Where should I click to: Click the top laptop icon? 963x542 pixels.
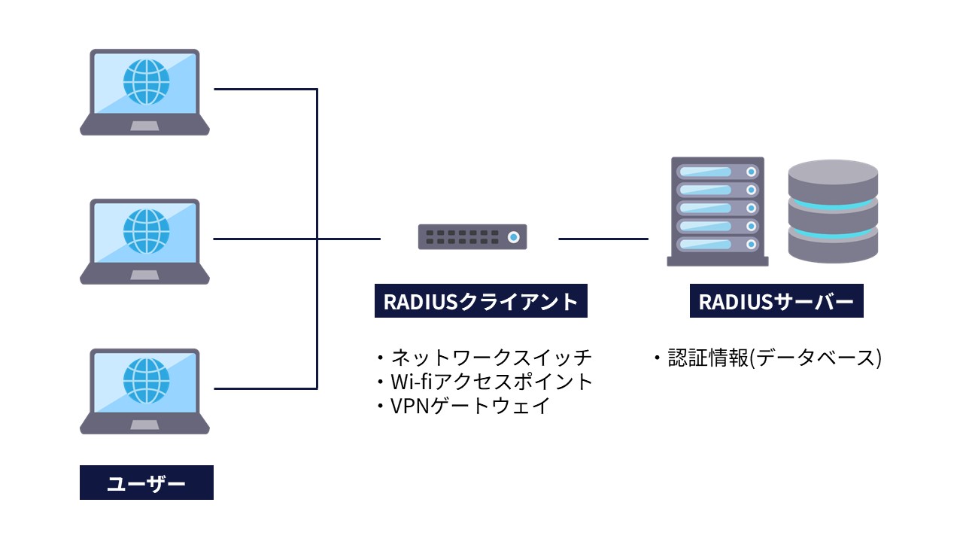point(145,92)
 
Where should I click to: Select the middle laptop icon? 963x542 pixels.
point(145,241)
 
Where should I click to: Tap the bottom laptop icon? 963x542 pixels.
point(145,391)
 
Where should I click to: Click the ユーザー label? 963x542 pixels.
point(147,483)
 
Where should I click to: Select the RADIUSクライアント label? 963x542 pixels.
point(481,301)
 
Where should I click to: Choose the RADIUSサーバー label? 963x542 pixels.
point(776,301)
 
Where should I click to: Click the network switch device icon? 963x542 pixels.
point(472,237)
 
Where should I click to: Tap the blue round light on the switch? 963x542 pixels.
point(513,237)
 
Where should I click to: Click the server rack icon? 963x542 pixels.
point(717,211)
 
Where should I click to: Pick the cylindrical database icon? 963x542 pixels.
point(833,211)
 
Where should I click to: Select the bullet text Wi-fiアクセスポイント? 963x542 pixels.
point(492,381)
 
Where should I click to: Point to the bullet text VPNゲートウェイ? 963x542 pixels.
point(470,406)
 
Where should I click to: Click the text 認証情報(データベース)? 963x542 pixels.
point(774,358)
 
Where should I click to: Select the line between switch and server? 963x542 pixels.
point(603,239)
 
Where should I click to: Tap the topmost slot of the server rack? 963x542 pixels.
point(717,172)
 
